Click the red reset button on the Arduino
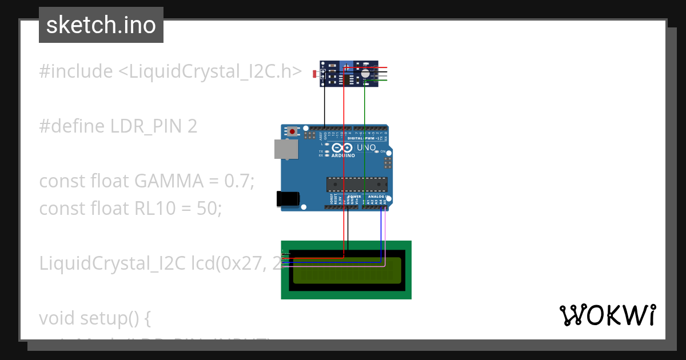coord(293,131)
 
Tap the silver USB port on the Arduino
coord(285,149)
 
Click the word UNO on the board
coord(366,148)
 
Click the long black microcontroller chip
coord(357,184)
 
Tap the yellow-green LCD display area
coord(346,270)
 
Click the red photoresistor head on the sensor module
coord(314,74)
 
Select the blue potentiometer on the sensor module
coord(346,68)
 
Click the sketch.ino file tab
coord(101,25)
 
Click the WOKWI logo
coord(607,315)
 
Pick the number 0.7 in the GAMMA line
coord(238,181)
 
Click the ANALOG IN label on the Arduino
coord(375,196)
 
